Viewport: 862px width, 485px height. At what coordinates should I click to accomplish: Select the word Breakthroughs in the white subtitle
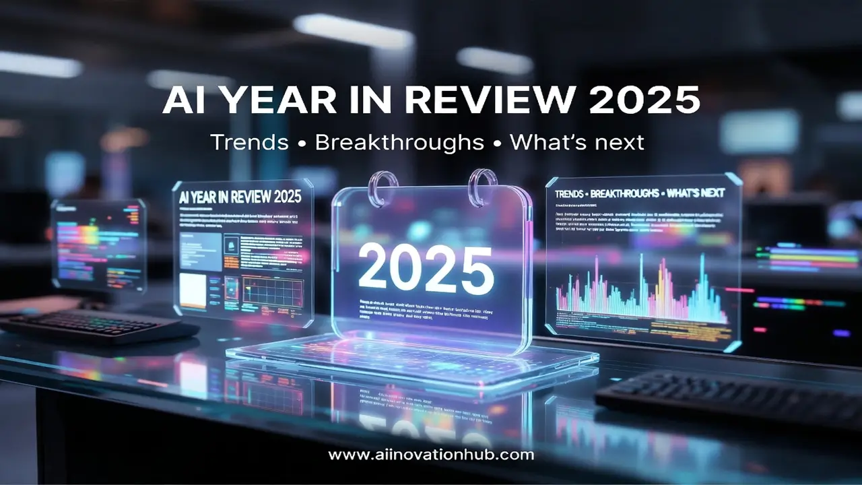(x=400, y=142)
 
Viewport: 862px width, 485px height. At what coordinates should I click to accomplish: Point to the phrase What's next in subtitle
(x=577, y=142)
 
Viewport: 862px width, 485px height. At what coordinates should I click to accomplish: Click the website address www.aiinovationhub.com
(x=431, y=455)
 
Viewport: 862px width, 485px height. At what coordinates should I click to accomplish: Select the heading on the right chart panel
(x=640, y=193)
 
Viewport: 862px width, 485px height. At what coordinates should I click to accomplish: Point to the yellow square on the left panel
(x=193, y=290)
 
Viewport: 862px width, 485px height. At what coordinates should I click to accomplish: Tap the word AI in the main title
(x=184, y=101)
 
